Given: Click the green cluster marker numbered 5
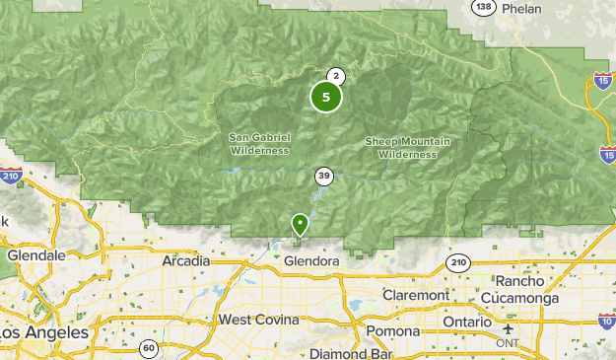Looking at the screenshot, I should coord(326,97).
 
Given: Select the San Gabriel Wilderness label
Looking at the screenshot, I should coord(259,143).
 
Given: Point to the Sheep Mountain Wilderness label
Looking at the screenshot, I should coord(407,147).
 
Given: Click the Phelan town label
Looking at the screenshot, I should coord(521,8).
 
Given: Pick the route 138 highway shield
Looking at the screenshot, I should coord(483,7).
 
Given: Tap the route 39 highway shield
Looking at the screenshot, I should coord(324,177).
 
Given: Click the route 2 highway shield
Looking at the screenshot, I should coord(336,76).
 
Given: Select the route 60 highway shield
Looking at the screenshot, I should coord(148,346).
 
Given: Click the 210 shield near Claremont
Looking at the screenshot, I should coord(457,261).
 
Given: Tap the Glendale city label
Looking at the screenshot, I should coord(35,254).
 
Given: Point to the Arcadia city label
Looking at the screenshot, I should coord(186,260).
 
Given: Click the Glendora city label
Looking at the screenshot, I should coord(310,262).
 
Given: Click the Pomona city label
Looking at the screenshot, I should coord(393,330).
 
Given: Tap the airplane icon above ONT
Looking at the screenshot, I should coord(508,328).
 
